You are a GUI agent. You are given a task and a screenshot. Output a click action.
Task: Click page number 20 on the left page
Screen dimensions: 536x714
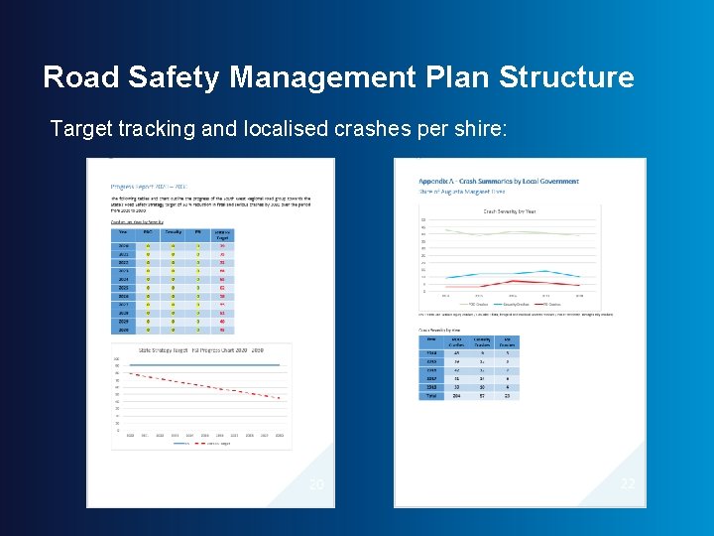(x=315, y=484)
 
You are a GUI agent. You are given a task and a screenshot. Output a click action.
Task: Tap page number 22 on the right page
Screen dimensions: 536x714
(x=627, y=483)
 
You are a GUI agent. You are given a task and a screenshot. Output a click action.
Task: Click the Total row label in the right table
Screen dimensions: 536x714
(x=431, y=395)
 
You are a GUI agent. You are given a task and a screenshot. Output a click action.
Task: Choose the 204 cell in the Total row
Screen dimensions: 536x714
(x=457, y=395)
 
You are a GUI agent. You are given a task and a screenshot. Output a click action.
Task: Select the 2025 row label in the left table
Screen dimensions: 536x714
(x=123, y=288)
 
